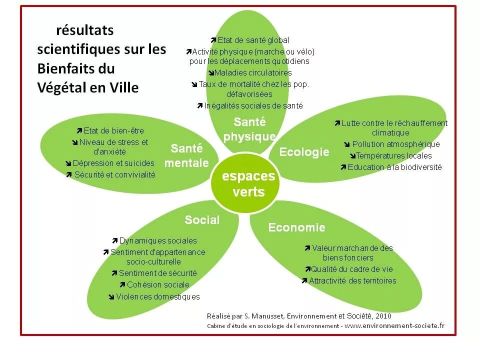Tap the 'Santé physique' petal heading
(x=249, y=129)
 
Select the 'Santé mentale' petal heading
(x=186, y=155)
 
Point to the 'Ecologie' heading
(x=304, y=152)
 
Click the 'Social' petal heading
(x=202, y=220)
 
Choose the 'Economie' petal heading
(x=296, y=228)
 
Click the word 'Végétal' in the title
(x=60, y=87)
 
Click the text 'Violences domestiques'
(x=158, y=297)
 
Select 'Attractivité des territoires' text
(x=352, y=281)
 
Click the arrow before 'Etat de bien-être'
(x=79, y=131)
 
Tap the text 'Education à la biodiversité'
(x=395, y=167)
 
